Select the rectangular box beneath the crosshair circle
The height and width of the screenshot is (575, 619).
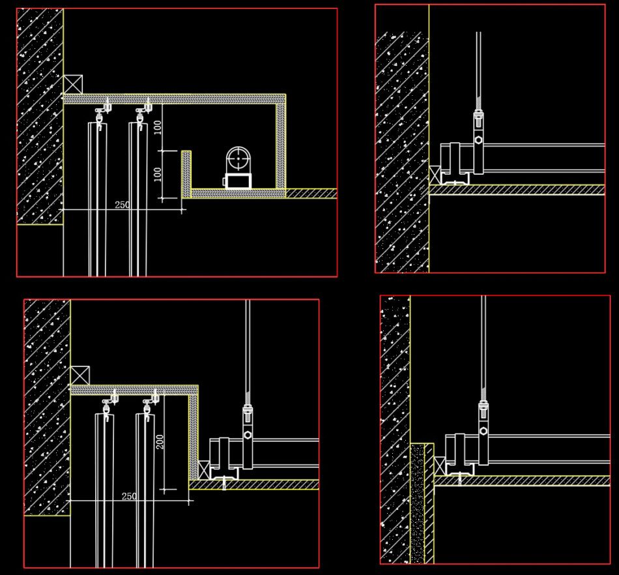[x=238, y=181]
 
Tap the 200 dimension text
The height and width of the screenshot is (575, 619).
[x=160, y=442]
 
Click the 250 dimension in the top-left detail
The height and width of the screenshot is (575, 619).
[x=122, y=204]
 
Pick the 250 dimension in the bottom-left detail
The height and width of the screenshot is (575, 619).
[x=129, y=496]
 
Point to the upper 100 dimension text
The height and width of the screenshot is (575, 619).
[x=158, y=127]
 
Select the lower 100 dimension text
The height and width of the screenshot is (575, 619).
[x=158, y=174]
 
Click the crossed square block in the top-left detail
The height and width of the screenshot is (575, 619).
[x=73, y=84]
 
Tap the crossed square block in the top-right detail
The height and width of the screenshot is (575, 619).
[x=435, y=175]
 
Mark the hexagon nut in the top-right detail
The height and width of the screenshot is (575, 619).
[x=479, y=140]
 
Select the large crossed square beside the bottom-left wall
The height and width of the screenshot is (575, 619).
[x=79, y=376]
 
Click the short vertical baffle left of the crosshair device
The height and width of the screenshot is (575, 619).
[x=186, y=173]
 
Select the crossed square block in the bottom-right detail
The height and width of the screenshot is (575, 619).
[x=439, y=465]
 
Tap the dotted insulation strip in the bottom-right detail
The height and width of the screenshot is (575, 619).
[x=418, y=502]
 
